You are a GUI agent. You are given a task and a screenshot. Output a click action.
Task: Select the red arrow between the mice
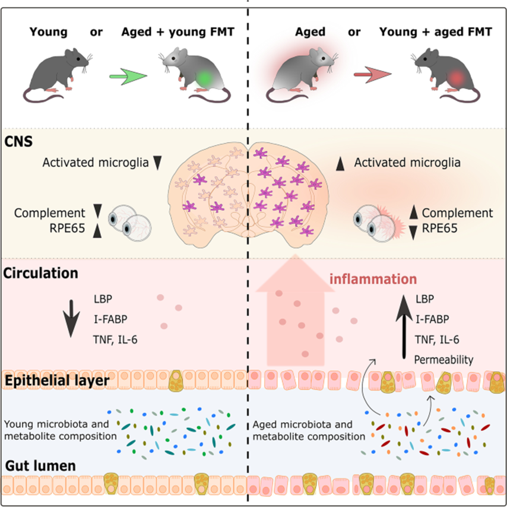click(x=372, y=75)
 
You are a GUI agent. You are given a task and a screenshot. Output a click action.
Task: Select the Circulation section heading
click(x=40, y=274)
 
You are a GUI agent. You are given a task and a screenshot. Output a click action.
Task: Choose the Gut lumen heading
click(x=39, y=465)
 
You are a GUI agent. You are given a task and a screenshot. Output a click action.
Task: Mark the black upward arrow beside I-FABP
click(x=404, y=321)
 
